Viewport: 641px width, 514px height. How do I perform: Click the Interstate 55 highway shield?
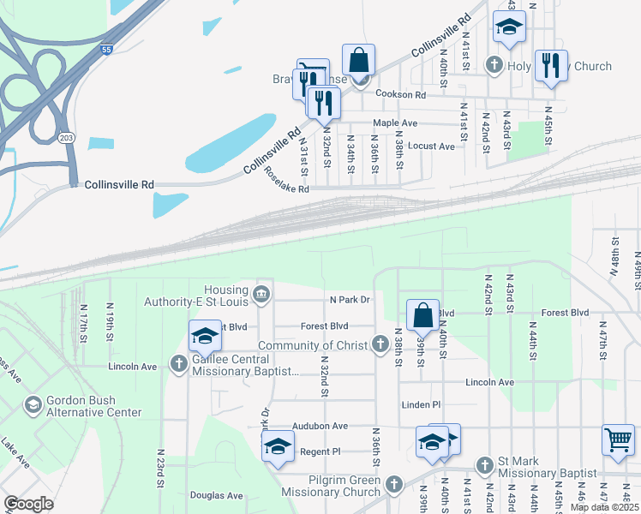105,51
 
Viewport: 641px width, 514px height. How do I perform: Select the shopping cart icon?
617,440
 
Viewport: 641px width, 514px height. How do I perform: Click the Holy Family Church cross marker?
494,65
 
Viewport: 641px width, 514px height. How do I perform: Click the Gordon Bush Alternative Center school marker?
33,404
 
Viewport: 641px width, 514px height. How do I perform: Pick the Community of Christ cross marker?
381,345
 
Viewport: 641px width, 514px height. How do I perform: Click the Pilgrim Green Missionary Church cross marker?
393,485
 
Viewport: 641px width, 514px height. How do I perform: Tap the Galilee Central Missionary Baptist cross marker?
178,365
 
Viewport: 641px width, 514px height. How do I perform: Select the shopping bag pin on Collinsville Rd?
359,60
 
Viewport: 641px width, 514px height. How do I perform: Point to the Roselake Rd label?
286,180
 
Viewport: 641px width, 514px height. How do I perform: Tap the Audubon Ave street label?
320,426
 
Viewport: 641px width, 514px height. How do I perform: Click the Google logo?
28,504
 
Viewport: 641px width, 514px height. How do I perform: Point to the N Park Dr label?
350,300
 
